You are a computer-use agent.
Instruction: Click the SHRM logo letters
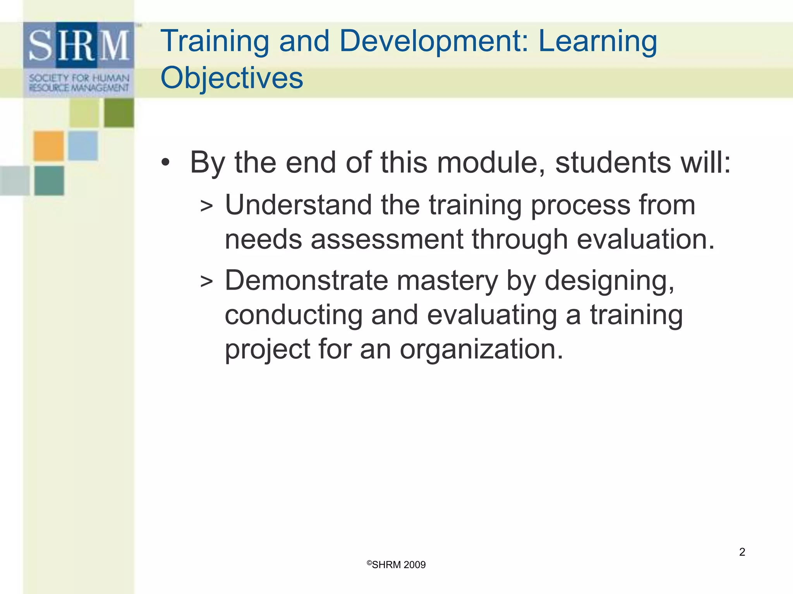79,46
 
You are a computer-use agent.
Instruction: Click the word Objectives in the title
232,78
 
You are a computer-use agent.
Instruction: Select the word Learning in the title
597,42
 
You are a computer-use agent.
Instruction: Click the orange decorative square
48,146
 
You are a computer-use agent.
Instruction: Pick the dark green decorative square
119,113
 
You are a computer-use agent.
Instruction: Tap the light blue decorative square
83,146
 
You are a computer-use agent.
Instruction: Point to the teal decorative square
49,181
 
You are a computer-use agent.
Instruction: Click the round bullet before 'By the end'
165,163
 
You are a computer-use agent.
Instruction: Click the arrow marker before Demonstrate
206,282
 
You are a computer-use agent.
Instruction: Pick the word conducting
294,315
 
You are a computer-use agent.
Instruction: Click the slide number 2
742,552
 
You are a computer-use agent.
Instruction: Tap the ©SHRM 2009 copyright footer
396,565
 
